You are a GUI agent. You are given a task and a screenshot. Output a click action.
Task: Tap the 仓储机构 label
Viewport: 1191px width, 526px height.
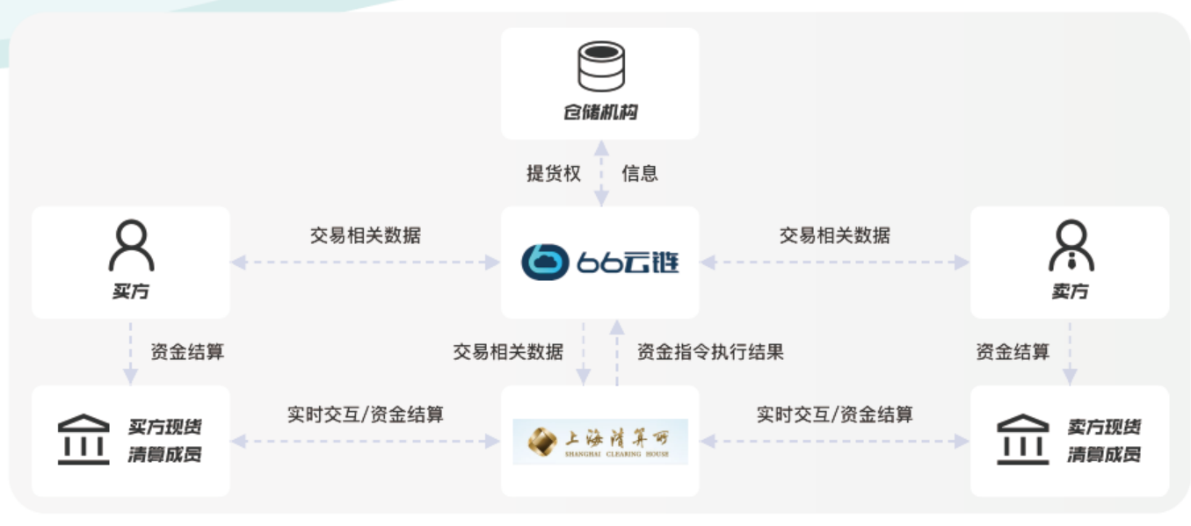600,113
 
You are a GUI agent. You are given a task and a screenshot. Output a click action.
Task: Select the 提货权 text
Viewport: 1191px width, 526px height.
554,174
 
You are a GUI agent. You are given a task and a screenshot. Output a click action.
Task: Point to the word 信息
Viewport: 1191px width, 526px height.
640,174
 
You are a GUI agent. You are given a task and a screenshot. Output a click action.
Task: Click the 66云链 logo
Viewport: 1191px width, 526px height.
600,262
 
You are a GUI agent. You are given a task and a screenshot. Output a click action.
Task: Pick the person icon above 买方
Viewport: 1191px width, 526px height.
131,246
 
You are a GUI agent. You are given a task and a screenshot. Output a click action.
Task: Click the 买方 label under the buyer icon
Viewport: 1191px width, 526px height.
131,292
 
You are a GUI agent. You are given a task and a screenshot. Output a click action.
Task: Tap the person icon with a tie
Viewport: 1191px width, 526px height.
1070,246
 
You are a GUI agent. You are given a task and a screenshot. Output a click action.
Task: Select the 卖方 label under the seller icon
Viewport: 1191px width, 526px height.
1070,292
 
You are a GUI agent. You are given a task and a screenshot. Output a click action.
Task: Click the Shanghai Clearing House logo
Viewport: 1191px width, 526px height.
600,441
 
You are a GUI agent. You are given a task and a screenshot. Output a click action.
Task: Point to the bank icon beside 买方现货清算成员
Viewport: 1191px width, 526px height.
84,440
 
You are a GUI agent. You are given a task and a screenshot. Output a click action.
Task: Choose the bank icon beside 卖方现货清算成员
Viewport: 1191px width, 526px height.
1022,440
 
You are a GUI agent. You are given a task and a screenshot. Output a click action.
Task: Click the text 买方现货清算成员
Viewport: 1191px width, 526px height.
164,441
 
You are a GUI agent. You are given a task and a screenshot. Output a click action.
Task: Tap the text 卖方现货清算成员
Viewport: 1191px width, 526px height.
1104,441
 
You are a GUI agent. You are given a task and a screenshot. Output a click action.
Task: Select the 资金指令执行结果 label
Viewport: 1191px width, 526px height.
710,353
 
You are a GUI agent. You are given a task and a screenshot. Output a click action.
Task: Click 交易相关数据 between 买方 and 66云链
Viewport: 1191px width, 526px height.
365,235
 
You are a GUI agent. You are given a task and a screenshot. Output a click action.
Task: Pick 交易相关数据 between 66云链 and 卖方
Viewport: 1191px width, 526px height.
834,235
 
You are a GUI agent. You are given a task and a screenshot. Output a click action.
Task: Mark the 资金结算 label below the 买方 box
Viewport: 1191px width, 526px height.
187,353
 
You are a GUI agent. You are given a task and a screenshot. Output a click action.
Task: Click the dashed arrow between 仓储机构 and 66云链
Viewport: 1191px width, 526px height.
601,173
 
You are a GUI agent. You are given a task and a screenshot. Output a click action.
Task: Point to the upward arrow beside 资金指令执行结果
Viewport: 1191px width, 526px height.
617,352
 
